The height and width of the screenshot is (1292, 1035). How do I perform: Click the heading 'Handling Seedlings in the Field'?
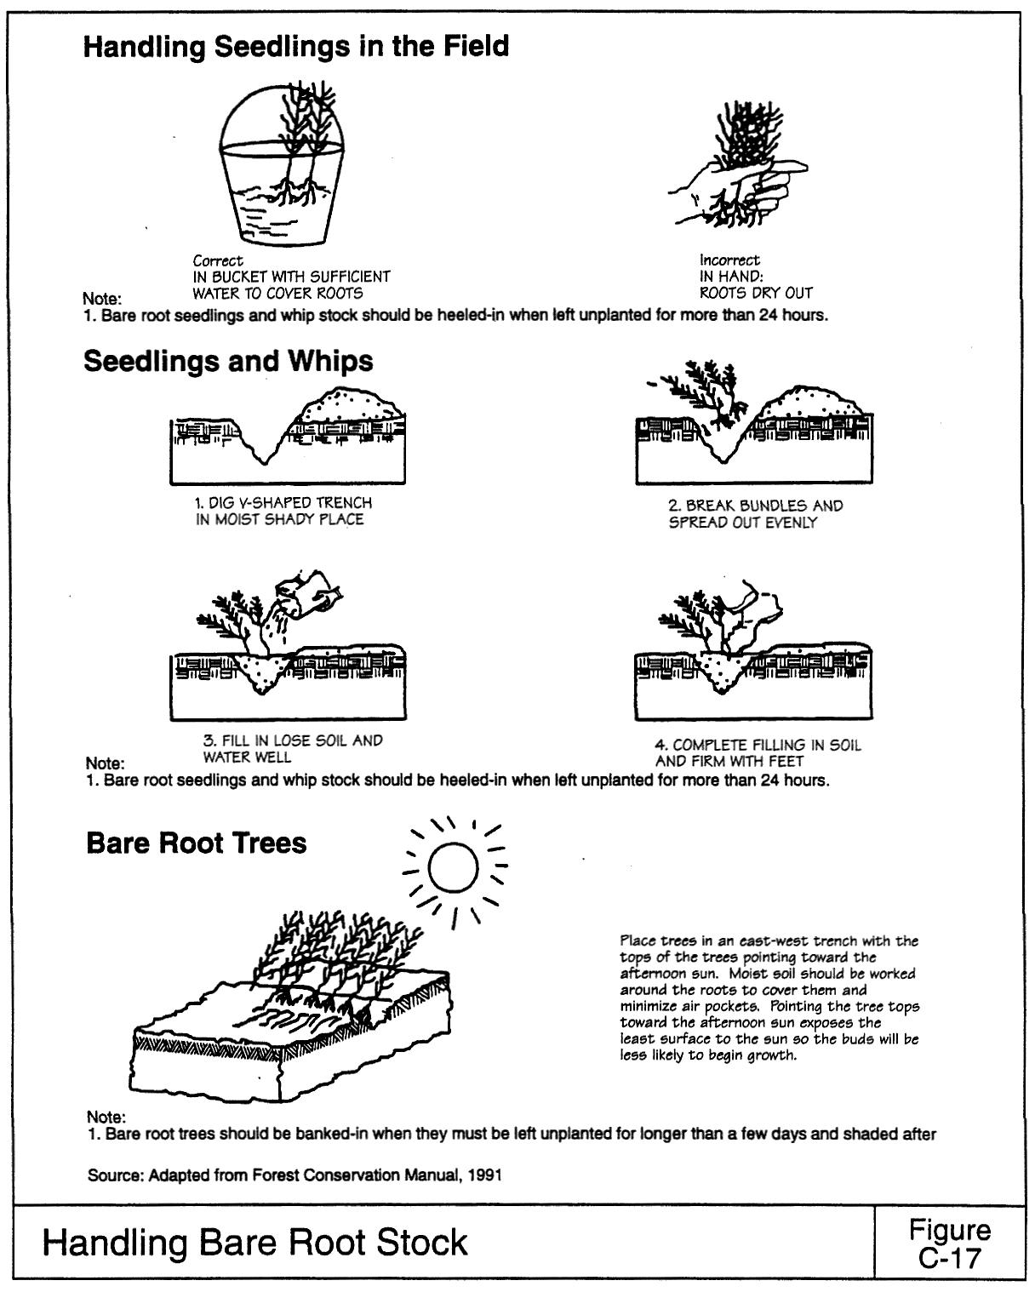point(296,46)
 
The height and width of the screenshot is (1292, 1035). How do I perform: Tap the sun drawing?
point(454,870)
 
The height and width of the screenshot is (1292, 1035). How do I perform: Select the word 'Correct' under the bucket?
point(218,260)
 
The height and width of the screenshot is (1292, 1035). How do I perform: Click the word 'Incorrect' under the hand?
point(729,260)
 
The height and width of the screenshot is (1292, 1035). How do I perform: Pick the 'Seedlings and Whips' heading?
point(228,361)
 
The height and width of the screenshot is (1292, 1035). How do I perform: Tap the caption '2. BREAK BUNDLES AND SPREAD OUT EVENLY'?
point(755,514)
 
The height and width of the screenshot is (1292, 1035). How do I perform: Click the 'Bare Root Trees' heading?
point(197,843)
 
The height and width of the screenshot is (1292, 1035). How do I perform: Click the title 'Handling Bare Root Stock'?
point(255,1243)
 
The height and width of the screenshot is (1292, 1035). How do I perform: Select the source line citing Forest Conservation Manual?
point(294,1175)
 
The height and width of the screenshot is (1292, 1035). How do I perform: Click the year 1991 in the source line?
point(486,1175)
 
